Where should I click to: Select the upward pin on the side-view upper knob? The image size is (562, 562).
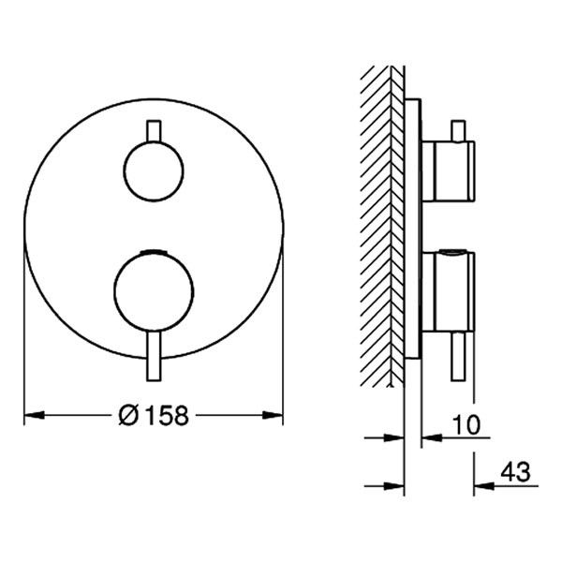pos(457,129)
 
